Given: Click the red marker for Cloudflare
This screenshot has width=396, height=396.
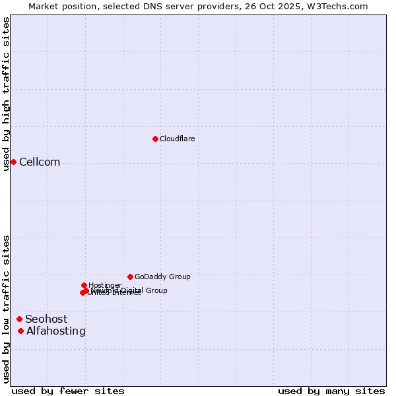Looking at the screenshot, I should tap(155, 139).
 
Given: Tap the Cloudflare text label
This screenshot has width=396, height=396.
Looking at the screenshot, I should tap(177, 139).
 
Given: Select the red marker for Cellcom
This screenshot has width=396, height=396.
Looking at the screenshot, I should tap(13, 162).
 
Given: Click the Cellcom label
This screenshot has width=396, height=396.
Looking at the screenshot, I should tap(40, 162).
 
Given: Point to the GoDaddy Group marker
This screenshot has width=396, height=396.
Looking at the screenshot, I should tap(130, 277).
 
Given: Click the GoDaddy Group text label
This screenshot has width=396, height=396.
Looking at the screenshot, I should tap(162, 277).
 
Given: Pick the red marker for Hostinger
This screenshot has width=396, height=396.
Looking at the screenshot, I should tap(84, 285).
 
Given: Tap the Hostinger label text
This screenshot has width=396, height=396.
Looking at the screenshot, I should tap(105, 285).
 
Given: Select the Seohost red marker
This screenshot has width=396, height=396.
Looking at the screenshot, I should tap(19, 319).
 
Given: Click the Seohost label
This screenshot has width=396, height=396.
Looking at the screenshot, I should tap(46, 319).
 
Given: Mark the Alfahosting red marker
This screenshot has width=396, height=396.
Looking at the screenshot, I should tap(21, 331).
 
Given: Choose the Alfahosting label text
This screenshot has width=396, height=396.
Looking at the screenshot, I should tap(56, 331).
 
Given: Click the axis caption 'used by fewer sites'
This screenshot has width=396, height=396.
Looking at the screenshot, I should tap(68, 391).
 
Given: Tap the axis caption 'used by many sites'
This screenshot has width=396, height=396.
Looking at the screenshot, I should tap(331, 391).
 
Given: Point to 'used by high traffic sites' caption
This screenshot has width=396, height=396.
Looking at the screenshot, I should tap(7, 94).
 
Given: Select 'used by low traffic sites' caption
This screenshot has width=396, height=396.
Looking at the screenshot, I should tap(7, 309).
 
